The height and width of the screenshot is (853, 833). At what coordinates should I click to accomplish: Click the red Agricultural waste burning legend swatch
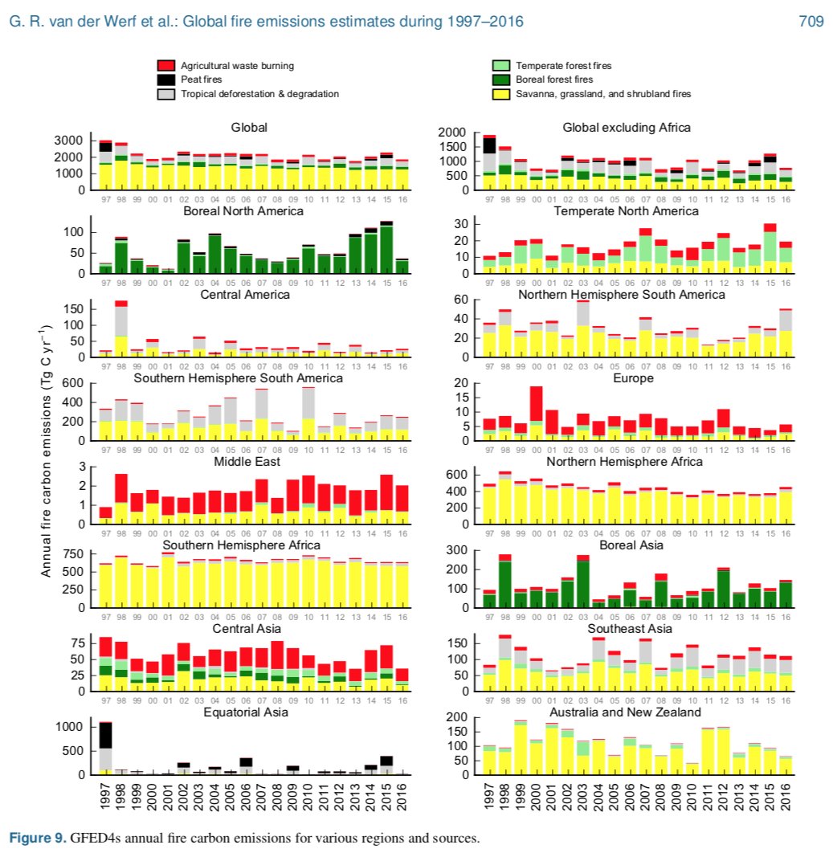pyautogui.click(x=165, y=64)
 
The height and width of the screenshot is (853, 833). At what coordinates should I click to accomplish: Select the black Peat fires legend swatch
pyautogui.click(x=165, y=79)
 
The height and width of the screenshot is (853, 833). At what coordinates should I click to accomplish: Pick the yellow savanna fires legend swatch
pyautogui.click(x=500, y=94)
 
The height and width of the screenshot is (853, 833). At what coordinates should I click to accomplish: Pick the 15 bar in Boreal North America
pyautogui.click(x=386, y=247)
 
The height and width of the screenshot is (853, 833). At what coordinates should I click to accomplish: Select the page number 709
pyautogui.click(x=811, y=22)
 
